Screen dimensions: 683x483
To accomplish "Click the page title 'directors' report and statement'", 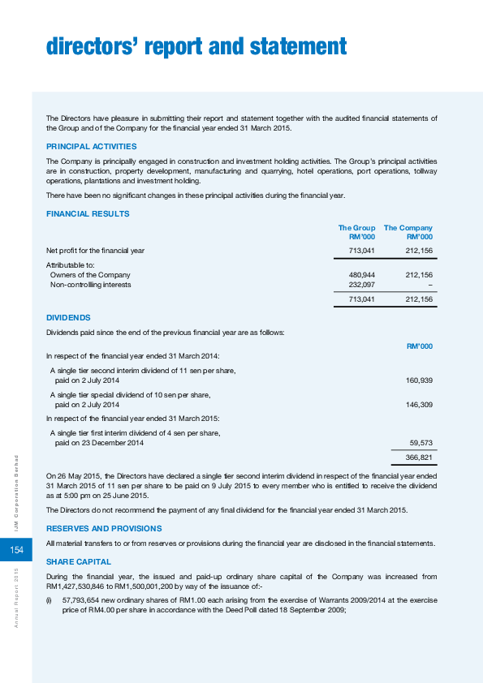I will [196, 48].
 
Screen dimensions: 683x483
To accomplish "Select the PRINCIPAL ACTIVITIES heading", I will [92, 146].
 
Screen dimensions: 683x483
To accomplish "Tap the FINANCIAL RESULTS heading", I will [88, 213].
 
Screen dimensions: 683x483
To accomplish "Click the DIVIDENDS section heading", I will [68, 318].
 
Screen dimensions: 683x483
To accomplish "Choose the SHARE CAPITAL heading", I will [79, 561].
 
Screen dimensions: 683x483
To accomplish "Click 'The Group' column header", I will [356, 228].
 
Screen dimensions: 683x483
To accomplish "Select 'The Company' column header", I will [408, 228].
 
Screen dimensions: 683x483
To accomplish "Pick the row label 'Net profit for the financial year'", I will [96, 251].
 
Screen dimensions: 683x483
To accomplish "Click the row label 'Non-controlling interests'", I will [90, 285].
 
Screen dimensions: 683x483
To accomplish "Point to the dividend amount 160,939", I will [418, 380].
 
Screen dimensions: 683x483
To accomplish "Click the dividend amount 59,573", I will [420, 443].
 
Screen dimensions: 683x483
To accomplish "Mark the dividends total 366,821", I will [418, 457].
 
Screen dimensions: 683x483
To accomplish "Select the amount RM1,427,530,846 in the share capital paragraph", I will [79, 586].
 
